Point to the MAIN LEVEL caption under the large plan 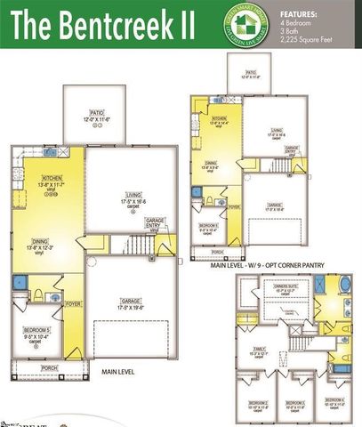[x=118, y=370]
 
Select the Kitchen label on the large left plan [x=52, y=181]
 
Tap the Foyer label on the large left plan [x=73, y=303]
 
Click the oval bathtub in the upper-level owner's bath [x=342, y=285]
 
